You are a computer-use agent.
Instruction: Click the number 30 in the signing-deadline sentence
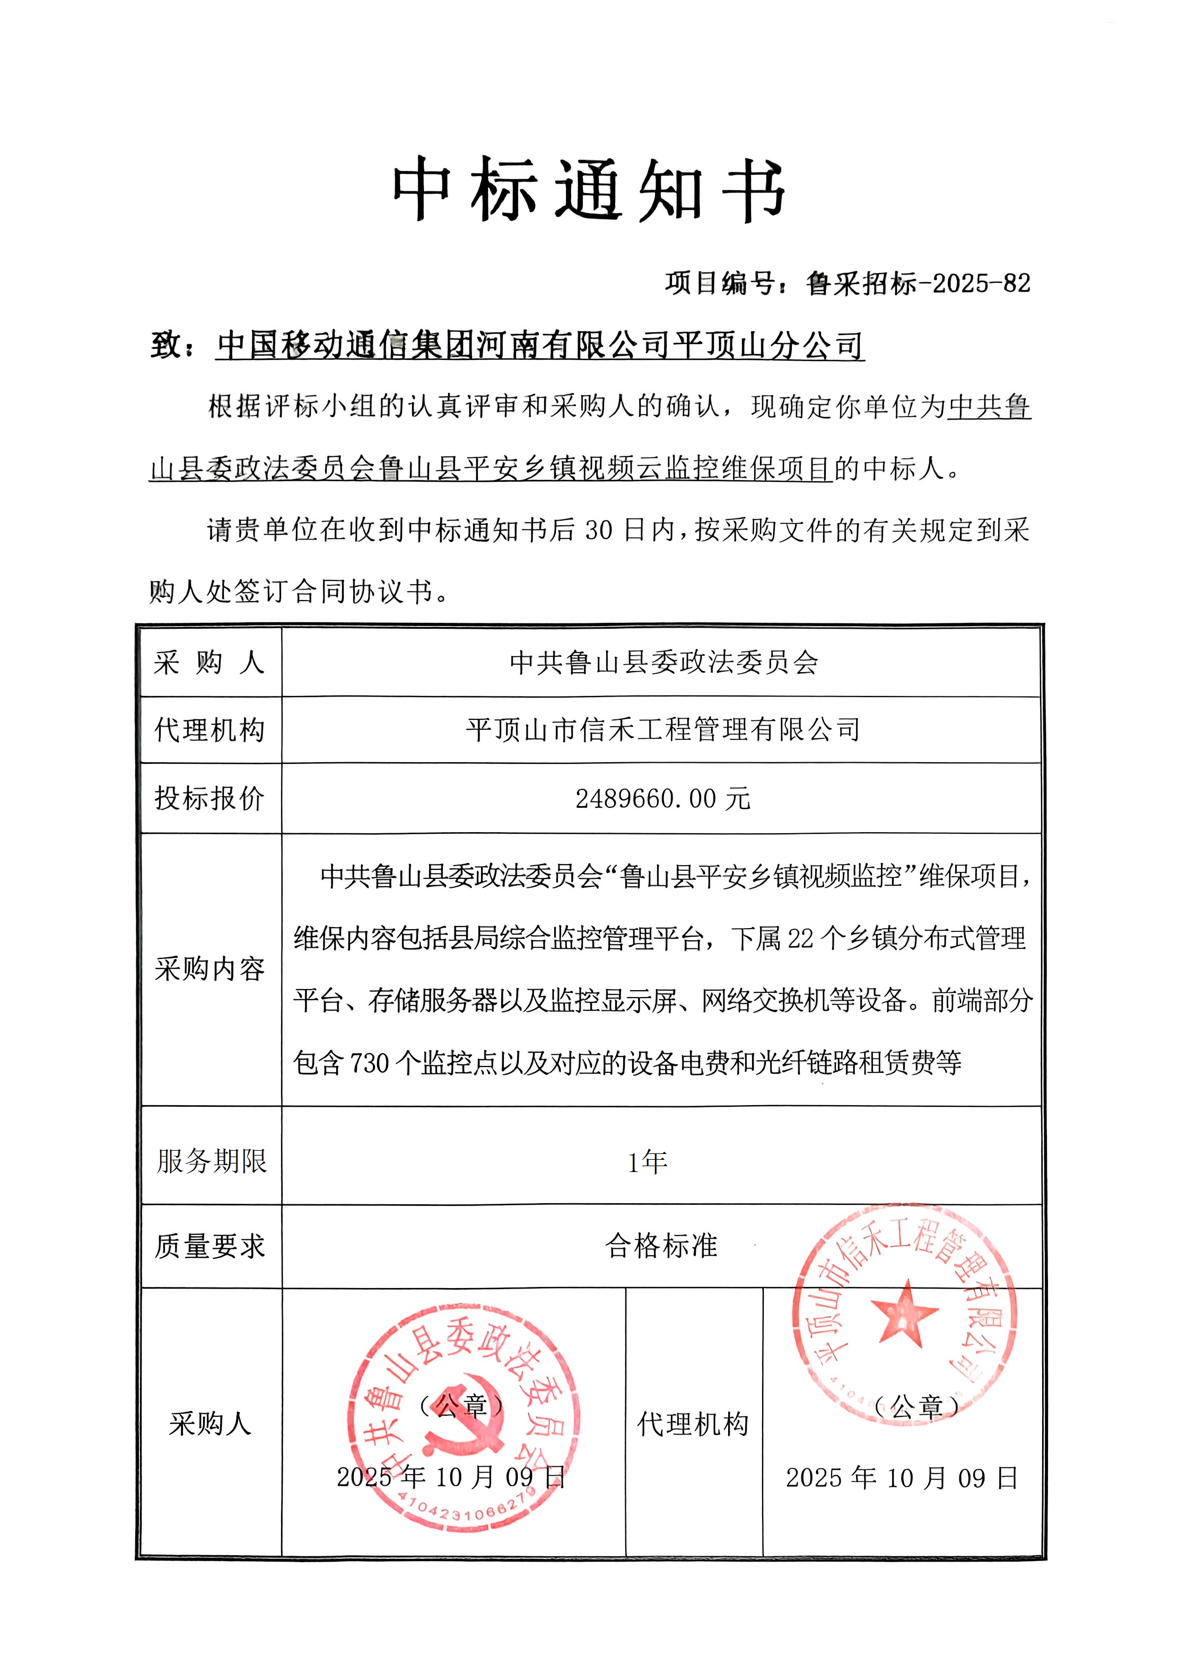(x=599, y=531)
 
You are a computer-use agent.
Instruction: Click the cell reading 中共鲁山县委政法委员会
(x=663, y=663)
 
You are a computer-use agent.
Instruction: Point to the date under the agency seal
(x=902, y=1478)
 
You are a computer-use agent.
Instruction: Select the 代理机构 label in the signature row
(x=693, y=1424)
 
